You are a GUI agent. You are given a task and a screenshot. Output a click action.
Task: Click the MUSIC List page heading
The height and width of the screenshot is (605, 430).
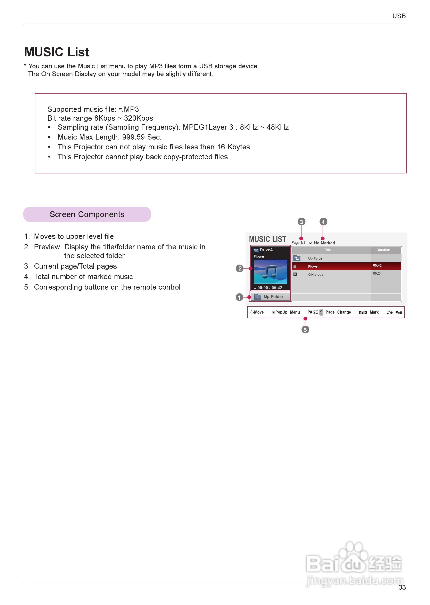(x=56, y=52)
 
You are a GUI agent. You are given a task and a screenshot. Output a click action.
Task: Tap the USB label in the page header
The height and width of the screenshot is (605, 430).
(x=399, y=16)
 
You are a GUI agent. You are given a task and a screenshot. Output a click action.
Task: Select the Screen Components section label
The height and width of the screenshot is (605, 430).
(x=87, y=214)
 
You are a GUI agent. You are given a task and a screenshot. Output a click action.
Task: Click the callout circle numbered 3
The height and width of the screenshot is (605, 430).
(x=301, y=222)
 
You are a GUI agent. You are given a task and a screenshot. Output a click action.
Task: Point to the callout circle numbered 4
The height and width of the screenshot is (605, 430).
(x=323, y=222)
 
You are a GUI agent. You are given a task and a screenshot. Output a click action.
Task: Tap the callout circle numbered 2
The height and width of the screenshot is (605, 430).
(x=240, y=268)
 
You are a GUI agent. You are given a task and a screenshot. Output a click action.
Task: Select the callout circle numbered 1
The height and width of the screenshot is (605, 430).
(x=239, y=297)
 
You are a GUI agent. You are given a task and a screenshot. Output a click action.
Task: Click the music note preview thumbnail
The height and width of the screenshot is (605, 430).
(x=270, y=272)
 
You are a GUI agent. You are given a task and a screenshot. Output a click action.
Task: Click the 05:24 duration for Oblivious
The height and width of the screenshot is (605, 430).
(x=377, y=273)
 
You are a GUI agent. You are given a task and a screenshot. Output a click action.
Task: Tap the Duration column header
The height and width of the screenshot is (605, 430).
(x=383, y=250)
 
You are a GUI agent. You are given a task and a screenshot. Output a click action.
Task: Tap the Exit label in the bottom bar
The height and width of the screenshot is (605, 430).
(x=398, y=313)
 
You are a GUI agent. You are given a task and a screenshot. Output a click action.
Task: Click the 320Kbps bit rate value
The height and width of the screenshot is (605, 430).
(x=139, y=118)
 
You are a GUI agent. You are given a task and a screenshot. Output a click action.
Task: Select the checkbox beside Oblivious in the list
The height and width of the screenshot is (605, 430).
(x=295, y=274)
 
